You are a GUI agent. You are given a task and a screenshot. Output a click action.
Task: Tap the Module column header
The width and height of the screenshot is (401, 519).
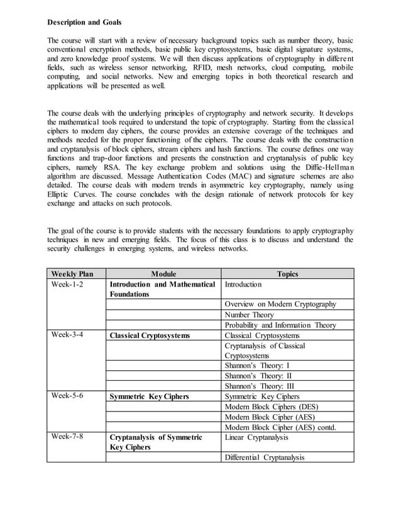coord(163,274)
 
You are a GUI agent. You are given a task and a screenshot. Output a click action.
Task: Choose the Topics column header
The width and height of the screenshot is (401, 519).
coord(287,274)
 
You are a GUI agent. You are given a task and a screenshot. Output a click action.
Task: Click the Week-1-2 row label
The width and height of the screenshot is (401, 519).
coord(67,285)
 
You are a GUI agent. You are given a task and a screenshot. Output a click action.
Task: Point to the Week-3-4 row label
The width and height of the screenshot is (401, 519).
coord(67,336)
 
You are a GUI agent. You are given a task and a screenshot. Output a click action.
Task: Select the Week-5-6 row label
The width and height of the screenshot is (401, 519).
coord(67,396)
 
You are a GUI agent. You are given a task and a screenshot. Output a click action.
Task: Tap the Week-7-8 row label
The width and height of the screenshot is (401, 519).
coord(67,437)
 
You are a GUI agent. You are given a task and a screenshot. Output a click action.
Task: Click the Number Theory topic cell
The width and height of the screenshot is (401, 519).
coord(249,315)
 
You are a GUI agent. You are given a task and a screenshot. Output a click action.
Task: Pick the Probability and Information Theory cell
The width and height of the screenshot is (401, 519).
coord(280,325)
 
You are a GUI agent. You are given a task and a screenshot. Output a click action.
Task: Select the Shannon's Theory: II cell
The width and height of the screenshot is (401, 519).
coord(258,376)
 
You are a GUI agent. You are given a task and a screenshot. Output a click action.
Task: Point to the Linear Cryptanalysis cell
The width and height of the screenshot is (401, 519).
coord(256,437)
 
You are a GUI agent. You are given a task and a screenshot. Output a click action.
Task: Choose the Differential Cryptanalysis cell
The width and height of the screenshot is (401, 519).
coord(264,457)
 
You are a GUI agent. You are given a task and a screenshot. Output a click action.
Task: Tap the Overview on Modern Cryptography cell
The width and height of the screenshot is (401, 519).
coord(280,304)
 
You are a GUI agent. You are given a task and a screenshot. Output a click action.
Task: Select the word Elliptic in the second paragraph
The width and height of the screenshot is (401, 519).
coord(60,195)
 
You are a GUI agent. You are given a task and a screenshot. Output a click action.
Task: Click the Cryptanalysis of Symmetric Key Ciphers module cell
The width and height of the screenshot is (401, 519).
coord(156,442)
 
